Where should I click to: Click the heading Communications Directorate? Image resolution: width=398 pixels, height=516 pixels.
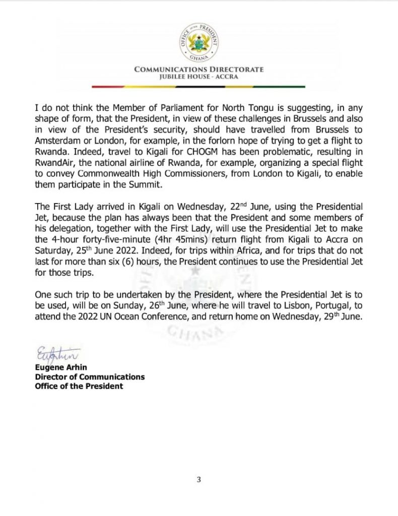198,70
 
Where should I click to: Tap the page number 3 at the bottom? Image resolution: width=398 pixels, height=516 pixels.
199,479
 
